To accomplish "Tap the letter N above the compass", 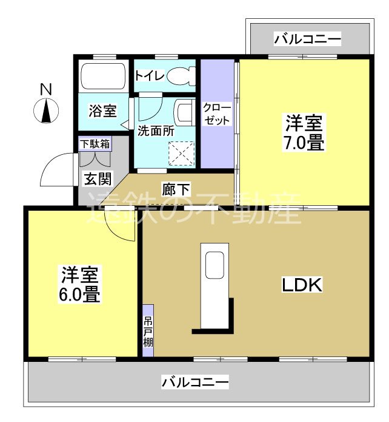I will pyautogui.click(x=45, y=90).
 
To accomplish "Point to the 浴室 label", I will pyautogui.click(x=102, y=111).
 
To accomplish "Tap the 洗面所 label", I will pyautogui.click(x=156, y=130).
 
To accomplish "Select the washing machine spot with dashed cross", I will pyautogui.click(x=182, y=153).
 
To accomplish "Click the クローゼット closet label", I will pyautogui.click(x=216, y=113).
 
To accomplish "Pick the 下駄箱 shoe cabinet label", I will pyautogui.click(x=95, y=145).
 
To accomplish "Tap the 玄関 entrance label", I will pyautogui.click(x=97, y=179).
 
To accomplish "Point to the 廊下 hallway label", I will pyautogui.click(x=175, y=189).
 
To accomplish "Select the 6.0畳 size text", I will pyautogui.click(x=80, y=295).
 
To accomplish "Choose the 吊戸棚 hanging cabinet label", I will pyautogui.click(x=148, y=330).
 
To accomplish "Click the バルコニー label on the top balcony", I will pyautogui.click(x=307, y=40).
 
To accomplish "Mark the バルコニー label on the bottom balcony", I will pyautogui.click(x=195, y=383).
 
